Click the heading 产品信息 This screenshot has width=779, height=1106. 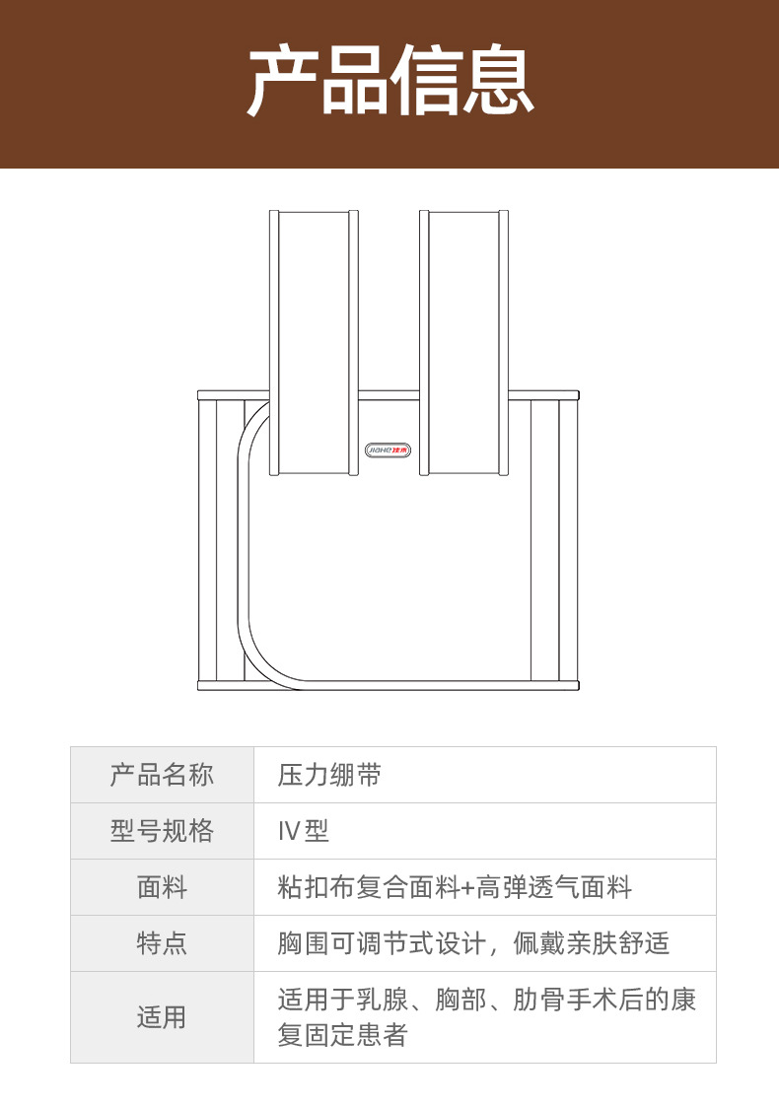(x=389, y=83)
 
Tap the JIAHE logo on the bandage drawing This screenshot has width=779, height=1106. (x=389, y=449)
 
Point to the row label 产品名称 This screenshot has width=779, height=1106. (x=162, y=775)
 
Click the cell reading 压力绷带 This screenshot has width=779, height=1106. (x=329, y=775)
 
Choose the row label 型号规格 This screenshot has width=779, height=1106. (x=162, y=831)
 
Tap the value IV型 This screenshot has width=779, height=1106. (x=304, y=831)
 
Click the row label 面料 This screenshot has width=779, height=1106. (x=162, y=887)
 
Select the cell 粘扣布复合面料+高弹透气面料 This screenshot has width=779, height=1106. (x=455, y=887)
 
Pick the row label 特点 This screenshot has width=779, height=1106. (x=162, y=943)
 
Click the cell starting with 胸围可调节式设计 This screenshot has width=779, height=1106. (x=473, y=943)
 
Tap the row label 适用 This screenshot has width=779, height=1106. (x=162, y=1017)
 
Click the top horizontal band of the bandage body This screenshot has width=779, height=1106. (x=389, y=394)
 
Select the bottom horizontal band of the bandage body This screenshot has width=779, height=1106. (x=389, y=685)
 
